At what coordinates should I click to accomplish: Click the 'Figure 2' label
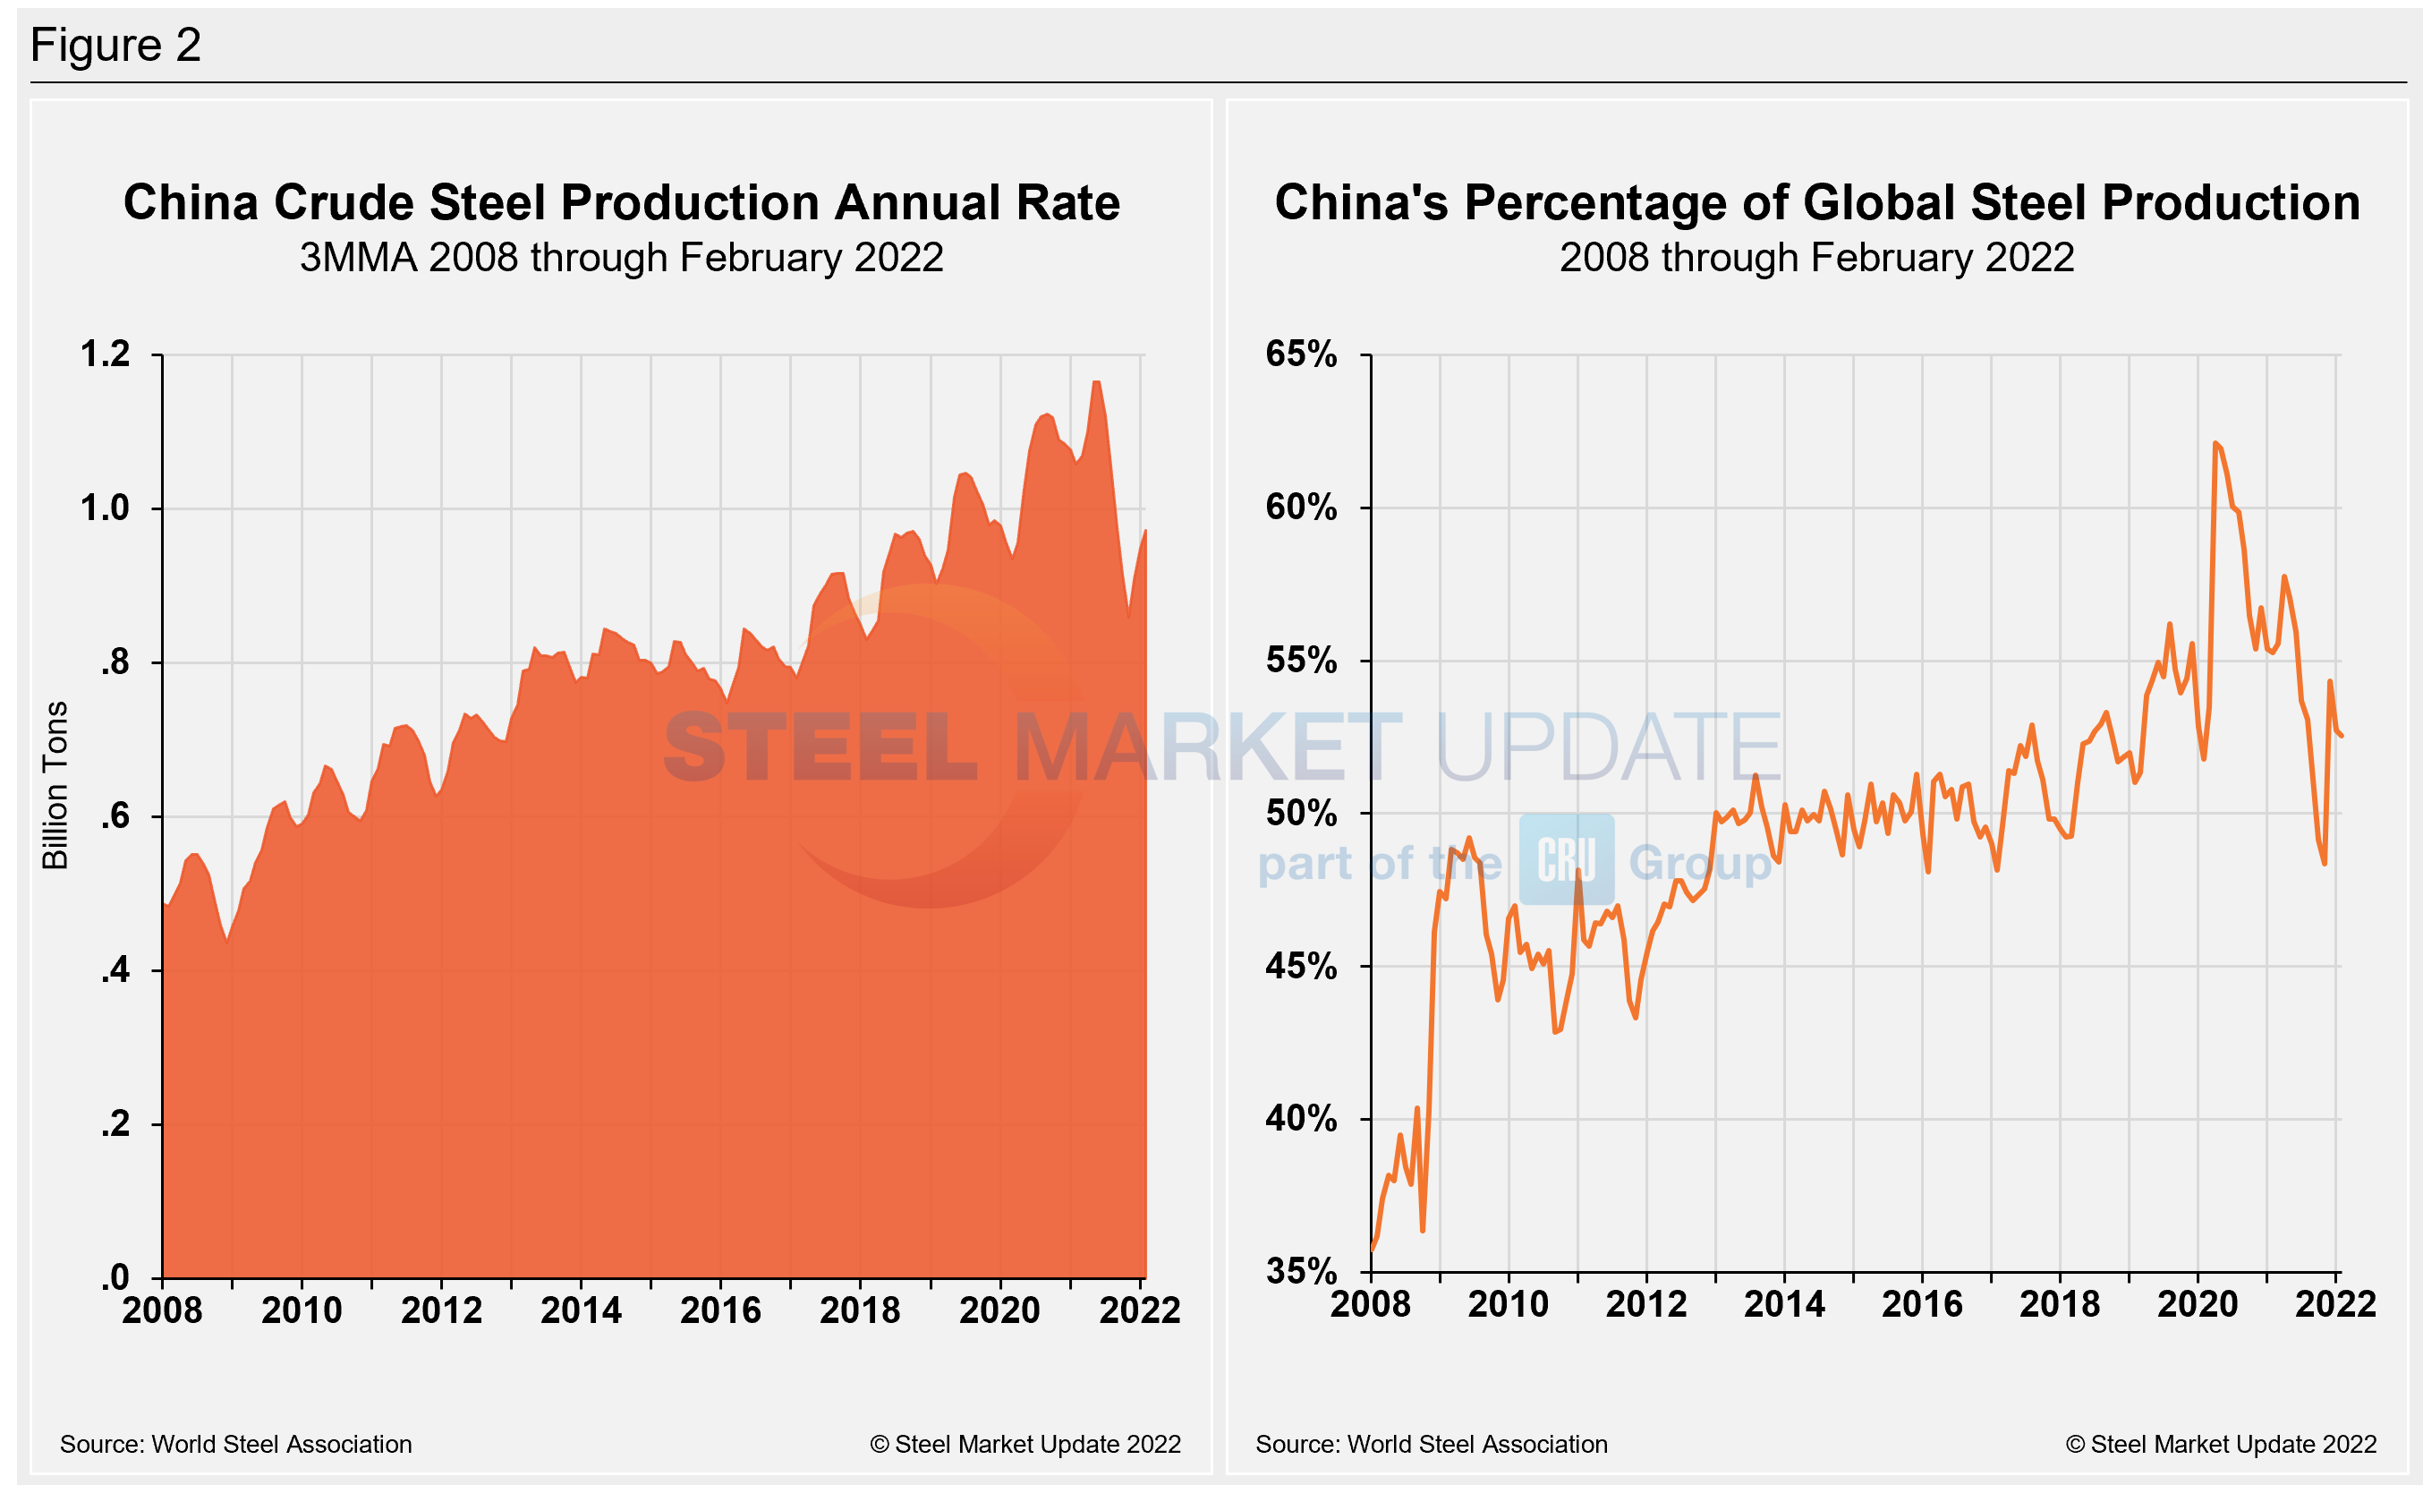[x=116, y=46]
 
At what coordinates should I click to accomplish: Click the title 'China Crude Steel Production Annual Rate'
[x=622, y=202]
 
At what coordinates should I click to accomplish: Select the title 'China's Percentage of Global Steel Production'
[x=1816, y=202]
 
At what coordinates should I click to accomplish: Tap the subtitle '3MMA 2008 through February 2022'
[x=622, y=258]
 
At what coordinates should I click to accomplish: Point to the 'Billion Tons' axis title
[x=55, y=785]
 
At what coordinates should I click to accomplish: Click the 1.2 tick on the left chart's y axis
[x=106, y=354]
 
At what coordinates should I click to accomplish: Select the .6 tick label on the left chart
[x=115, y=816]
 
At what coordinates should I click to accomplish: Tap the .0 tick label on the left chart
[x=115, y=1277]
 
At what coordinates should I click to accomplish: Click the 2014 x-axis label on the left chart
[x=582, y=1310]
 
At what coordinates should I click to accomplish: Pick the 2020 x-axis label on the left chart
[x=999, y=1310]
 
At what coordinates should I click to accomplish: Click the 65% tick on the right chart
[x=1301, y=354]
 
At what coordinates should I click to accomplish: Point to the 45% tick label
[x=1301, y=966]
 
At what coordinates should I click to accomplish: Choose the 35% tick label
[x=1301, y=1272]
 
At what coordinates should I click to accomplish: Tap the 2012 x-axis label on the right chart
[x=1646, y=1304]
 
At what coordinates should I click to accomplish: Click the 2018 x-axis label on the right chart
[x=2059, y=1304]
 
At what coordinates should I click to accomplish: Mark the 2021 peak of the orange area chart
[x=1096, y=382]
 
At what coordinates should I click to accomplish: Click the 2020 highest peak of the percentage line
[x=2215, y=444]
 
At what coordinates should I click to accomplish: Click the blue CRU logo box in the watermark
[x=1567, y=859]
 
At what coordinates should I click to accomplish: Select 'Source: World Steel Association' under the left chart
[x=236, y=1444]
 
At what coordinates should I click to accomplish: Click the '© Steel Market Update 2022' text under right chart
[x=2221, y=1444]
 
